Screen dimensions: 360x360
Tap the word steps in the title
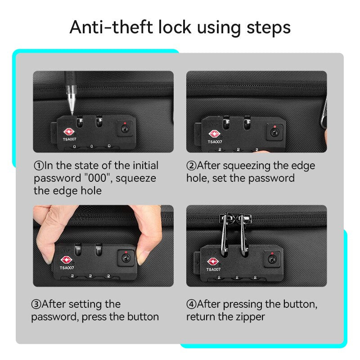click(x=269, y=28)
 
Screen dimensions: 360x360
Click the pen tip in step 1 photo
click(x=72, y=113)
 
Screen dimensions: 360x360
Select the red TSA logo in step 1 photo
click(x=69, y=132)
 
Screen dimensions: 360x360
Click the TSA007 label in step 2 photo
click(x=215, y=142)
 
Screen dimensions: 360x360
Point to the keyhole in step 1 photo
click(x=125, y=129)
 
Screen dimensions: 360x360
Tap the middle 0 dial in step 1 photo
click(x=92, y=146)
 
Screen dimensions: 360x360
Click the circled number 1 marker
click(x=39, y=166)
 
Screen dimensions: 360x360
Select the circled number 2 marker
click(x=191, y=166)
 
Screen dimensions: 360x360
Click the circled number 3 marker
click(x=36, y=304)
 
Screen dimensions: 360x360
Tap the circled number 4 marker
click(x=191, y=304)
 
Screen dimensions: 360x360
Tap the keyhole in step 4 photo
click(x=272, y=259)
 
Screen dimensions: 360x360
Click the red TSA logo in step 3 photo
click(x=66, y=260)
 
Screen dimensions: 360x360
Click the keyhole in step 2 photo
click(x=274, y=132)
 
